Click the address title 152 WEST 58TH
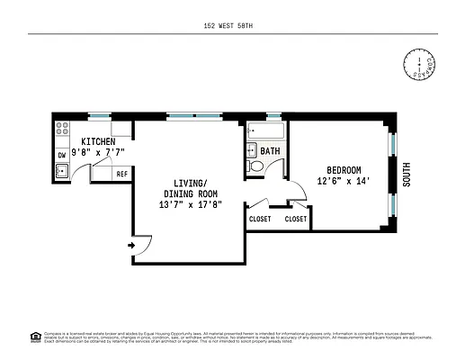[232, 27]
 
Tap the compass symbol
[419, 65]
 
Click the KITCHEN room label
[97, 142]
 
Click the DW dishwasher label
[61, 155]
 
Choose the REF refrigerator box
[121, 173]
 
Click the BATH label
[270, 151]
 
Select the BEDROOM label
[343, 170]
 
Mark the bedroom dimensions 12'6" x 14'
[343, 181]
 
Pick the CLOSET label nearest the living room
[260, 219]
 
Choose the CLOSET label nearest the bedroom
[295, 219]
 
